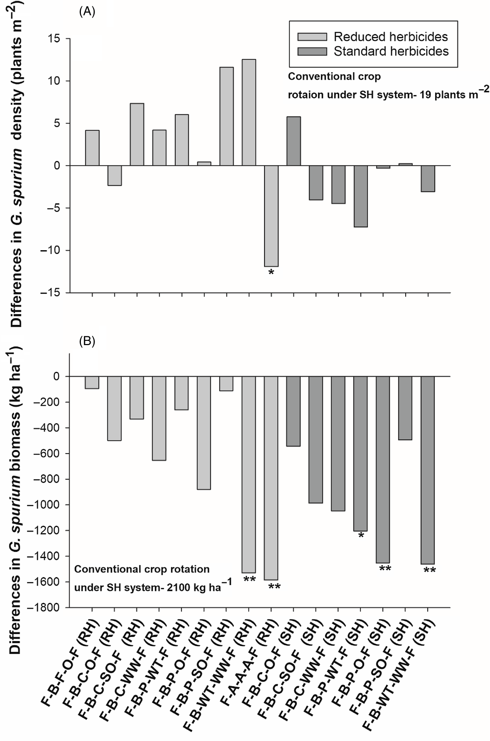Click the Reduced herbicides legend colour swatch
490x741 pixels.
pos(312,37)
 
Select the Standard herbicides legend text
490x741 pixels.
pos(391,52)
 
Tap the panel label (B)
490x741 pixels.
pos(87,341)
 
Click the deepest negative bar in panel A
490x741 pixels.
pos(271,216)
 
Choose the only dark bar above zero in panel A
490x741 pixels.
pos(293,141)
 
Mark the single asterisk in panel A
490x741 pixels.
pos(271,273)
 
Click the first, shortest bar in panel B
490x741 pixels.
pos(92,382)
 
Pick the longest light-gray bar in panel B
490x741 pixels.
pos(271,478)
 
